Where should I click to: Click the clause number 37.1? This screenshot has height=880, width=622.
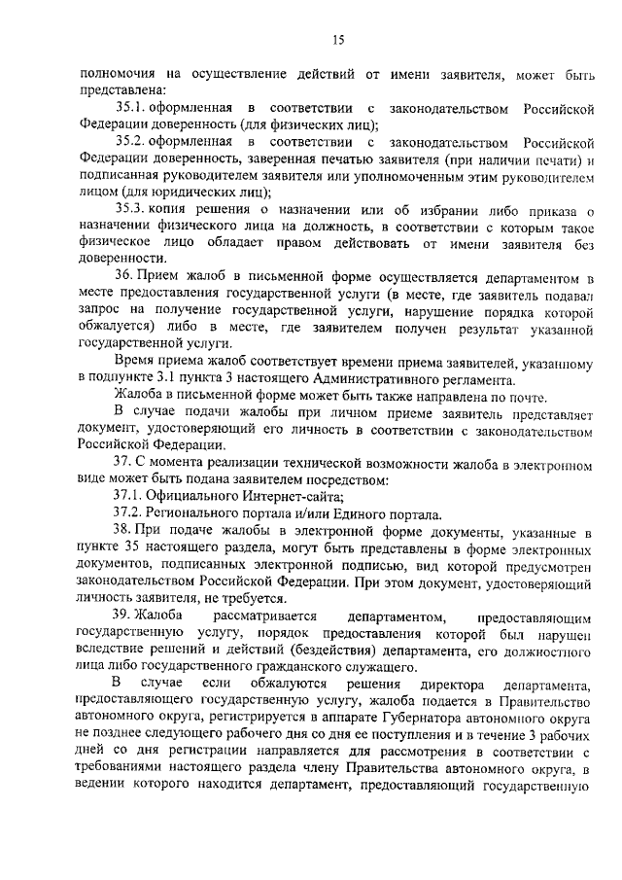coord(128,496)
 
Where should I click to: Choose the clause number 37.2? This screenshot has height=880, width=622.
coord(128,514)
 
